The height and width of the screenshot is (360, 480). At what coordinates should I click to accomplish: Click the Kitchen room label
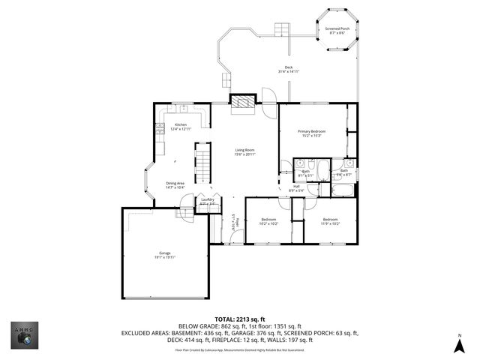pyautogui.click(x=181, y=127)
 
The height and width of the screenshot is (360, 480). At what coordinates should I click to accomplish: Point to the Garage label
pyautogui.click(x=164, y=254)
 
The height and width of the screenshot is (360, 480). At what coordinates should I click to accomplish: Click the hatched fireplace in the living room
pyautogui.click(x=242, y=103)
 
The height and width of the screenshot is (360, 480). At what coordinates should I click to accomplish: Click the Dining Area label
pyautogui.click(x=175, y=184)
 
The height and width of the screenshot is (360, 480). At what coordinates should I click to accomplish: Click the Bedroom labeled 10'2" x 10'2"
pyautogui.click(x=268, y=221)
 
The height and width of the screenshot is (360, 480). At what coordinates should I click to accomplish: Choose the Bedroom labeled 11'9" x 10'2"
pyautogui.click(x=330, y=221)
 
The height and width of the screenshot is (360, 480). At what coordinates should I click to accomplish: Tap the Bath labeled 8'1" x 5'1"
pyautogui.click(x=306, y=173)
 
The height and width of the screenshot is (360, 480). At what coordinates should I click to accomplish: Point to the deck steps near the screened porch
pyautogui.click(x=283, y=29)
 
